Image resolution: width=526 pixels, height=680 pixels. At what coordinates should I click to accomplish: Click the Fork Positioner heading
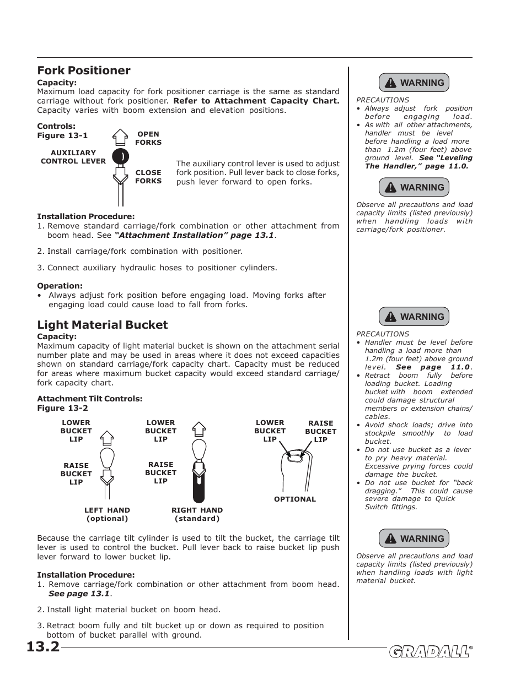pos(84,70)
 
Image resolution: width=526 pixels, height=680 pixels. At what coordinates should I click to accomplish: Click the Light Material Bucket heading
pos(102,325)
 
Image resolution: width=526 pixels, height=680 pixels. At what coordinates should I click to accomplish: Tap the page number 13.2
pos(43,646)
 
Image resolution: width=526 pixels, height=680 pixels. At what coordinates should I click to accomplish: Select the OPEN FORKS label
pos(148,138)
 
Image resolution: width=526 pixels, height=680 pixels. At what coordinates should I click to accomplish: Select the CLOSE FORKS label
pos(148,177)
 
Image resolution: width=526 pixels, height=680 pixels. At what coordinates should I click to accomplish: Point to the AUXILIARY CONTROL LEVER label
pos(73,157)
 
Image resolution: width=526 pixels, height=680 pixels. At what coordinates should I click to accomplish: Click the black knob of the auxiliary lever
pos(120,156)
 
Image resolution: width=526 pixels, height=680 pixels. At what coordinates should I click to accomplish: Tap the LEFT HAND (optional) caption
pos(107,514)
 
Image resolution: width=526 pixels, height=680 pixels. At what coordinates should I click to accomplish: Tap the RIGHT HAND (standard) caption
pos(197,514)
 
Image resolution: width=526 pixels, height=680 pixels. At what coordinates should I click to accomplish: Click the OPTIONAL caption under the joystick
pos(295,499)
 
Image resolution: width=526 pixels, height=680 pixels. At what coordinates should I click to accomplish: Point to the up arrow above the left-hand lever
pos(107,438)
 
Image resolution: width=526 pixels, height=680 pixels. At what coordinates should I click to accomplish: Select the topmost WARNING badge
pos(414,83)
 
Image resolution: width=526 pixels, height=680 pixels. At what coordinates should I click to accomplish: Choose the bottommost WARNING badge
pos(414,538)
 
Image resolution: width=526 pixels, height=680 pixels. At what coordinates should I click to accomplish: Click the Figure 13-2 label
pos(62,408)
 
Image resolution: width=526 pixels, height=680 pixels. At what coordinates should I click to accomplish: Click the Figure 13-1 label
pos(62,135)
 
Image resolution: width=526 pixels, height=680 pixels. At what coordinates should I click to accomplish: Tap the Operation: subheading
pos(60,286)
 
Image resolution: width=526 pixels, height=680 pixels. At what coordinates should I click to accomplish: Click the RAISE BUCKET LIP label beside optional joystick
pos(320,431)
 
